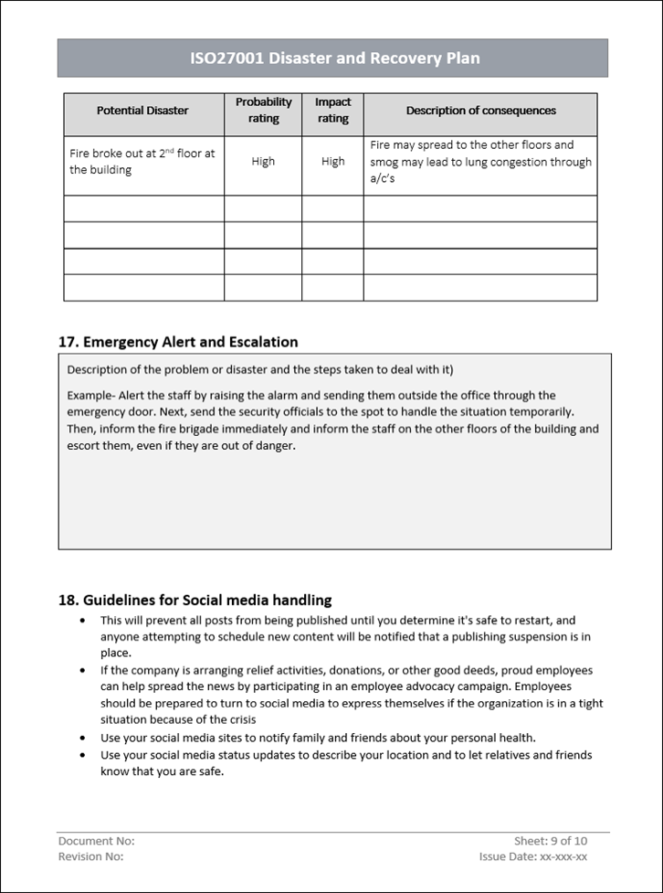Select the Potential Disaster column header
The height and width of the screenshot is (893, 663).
tap(142, 111)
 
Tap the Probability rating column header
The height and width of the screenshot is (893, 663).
tap(263, 111)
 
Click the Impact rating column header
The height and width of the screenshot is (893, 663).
tap(332, 111)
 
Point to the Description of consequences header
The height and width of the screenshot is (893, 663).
tap(480, 111)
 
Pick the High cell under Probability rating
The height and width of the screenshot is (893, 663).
tap(263, 162)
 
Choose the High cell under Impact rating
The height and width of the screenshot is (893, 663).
tap(332, 162)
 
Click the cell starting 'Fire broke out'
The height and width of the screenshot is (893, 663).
tap(142, 162)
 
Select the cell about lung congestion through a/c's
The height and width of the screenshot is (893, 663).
tap(480, 162)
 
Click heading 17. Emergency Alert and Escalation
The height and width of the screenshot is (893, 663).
tap(178, 342)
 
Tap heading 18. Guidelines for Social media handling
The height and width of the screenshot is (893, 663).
tap(195, 601)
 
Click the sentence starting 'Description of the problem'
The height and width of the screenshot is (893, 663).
tap(260, 370)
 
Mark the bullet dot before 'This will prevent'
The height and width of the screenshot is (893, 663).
tap(84, 621)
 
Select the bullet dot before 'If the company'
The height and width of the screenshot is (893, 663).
tap(84, 670)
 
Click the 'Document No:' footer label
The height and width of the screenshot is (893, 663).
tap(96, 841)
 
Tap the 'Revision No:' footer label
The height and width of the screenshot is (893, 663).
tap(90, 856)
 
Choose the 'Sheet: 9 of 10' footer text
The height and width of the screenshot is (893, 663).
tap(551, 841)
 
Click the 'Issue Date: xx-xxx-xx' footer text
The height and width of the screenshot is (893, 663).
tap(533, 856)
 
